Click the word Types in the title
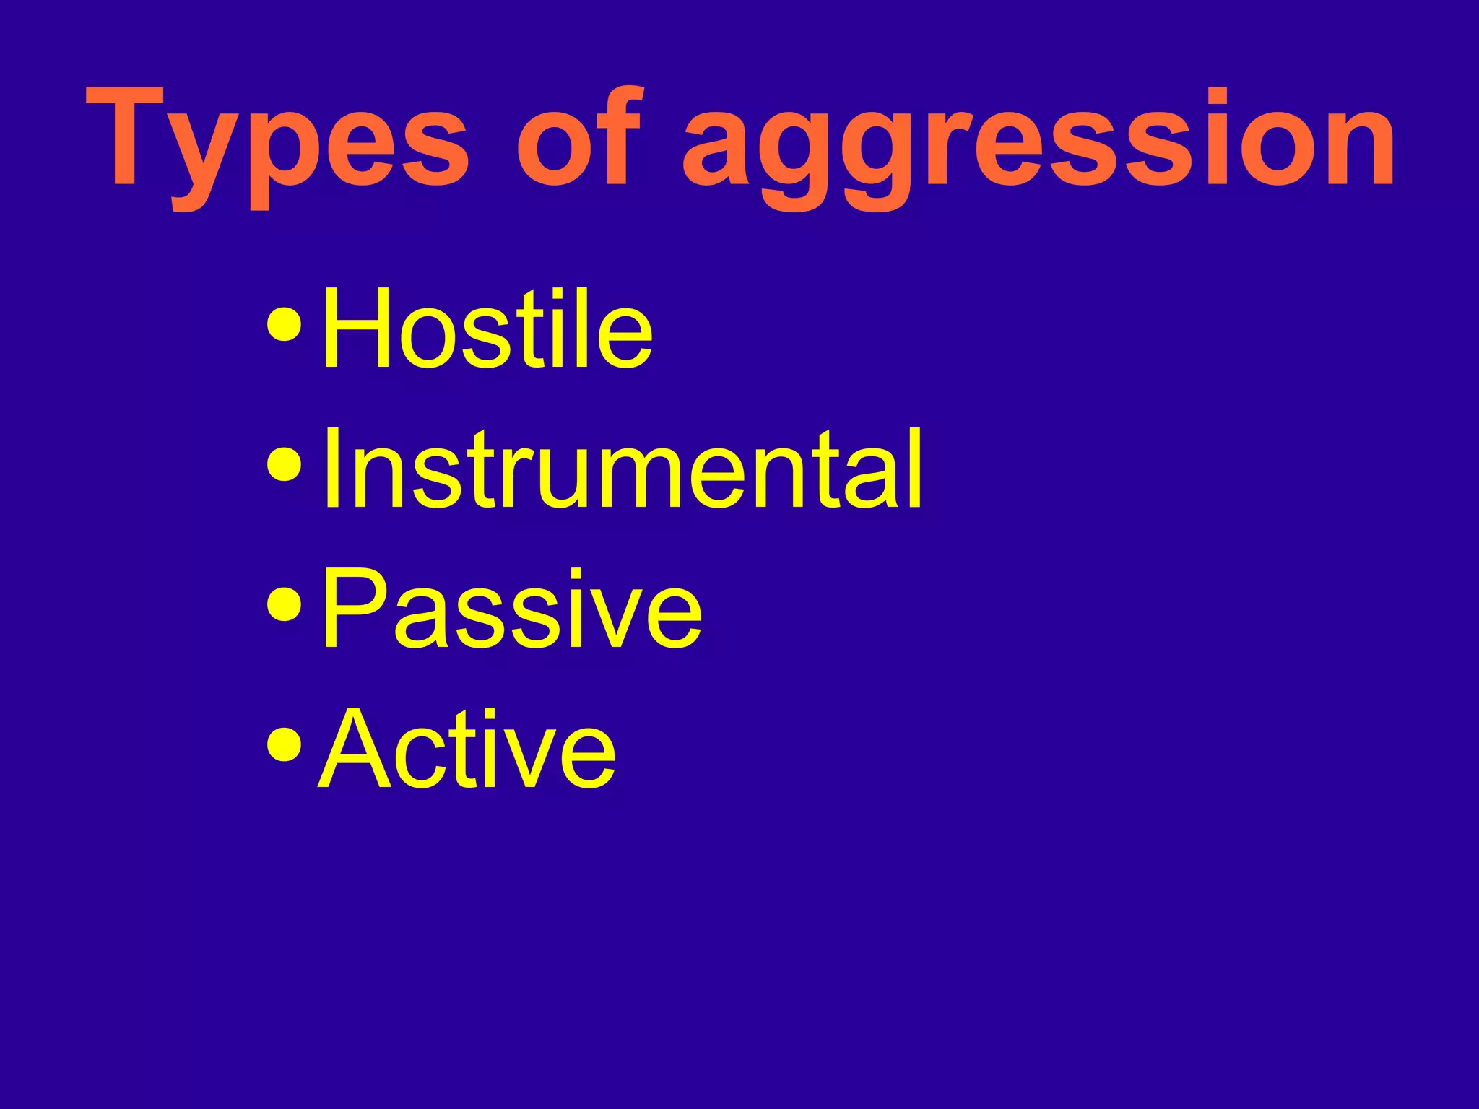278,141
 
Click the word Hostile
487,329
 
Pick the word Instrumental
621,469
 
